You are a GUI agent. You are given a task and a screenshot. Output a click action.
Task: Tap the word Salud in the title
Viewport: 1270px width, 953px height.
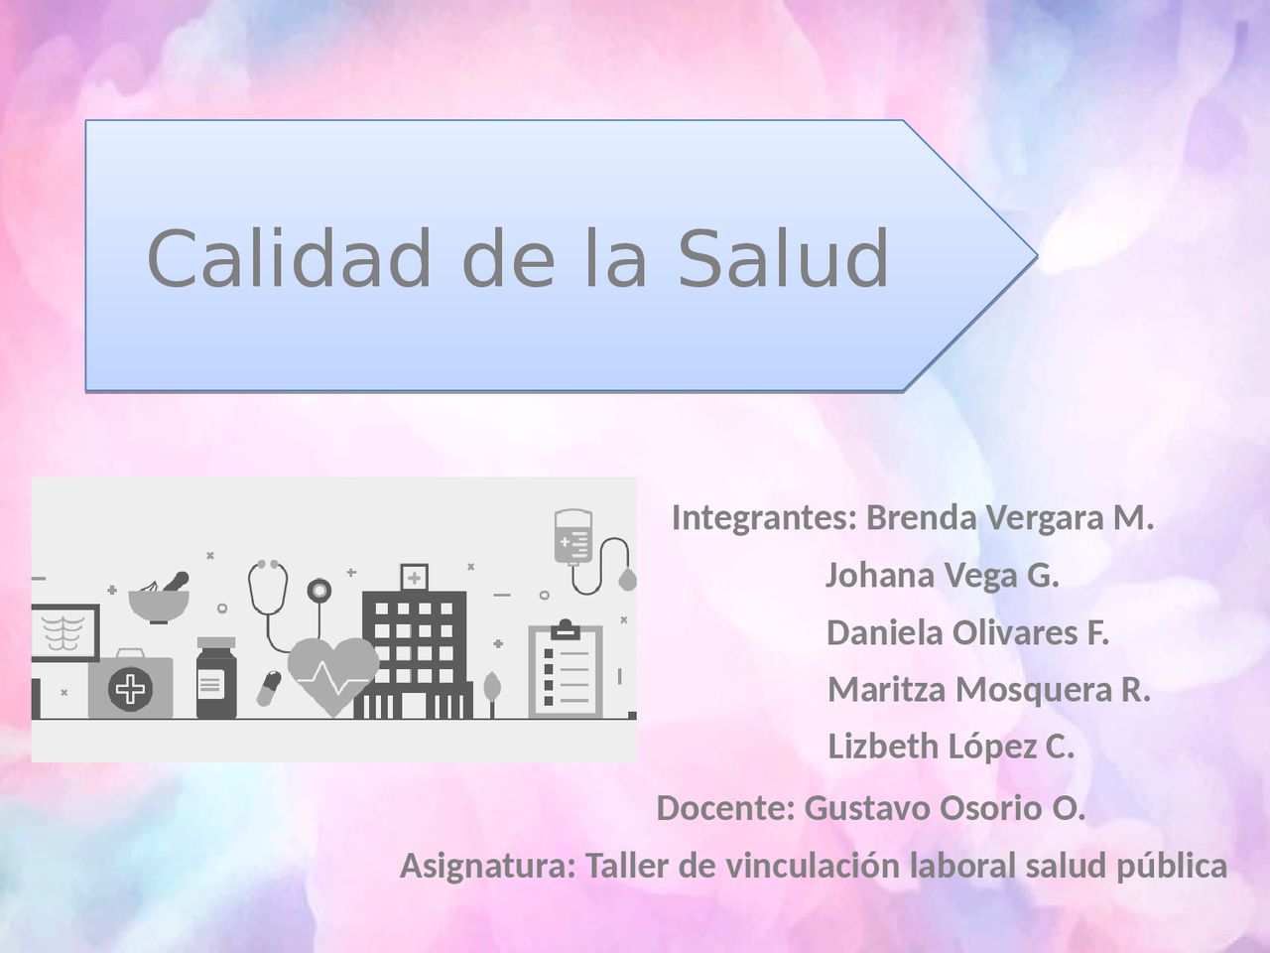point(783,257)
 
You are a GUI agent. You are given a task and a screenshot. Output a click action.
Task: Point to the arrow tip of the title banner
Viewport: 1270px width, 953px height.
point(1037,255)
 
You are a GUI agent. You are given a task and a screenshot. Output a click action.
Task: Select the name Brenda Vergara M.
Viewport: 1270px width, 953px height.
point(1010,517)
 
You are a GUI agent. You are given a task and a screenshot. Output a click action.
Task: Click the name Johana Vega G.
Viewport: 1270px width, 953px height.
point(942,575)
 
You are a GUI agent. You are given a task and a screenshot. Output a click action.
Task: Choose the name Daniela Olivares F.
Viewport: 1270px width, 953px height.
point(967,632)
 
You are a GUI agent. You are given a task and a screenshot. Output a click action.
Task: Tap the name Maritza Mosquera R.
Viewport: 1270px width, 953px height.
point(989,690)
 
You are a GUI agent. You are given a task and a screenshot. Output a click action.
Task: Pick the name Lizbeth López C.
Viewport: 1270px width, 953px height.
point(951,747)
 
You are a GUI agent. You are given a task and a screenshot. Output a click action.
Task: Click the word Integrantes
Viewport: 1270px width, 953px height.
point(764,517)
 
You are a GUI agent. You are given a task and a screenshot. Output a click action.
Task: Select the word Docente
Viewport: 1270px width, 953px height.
point(725,808)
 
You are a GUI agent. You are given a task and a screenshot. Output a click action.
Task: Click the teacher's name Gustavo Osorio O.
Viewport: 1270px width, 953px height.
point(945,808)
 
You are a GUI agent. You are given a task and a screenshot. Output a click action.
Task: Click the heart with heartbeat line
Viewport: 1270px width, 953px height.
point(333,676)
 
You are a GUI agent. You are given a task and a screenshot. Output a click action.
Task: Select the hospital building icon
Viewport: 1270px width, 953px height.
point(414,641)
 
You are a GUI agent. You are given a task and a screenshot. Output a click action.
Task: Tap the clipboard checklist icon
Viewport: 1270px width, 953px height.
point(566,669)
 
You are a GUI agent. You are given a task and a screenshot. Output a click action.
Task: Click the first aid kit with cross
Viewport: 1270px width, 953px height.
point(130,684)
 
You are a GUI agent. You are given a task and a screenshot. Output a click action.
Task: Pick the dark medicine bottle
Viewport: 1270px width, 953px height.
point(216,678)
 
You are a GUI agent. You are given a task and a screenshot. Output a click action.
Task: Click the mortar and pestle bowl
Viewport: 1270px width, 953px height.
point(159,599)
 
